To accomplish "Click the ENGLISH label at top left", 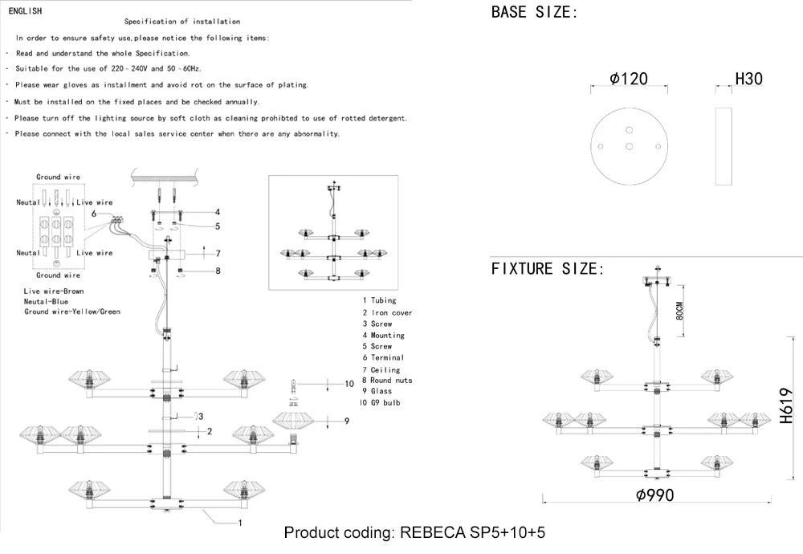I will click(x=25, y=11).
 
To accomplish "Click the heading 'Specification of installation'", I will click(x=182, y=22).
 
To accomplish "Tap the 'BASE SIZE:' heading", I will click(x=534, y=12).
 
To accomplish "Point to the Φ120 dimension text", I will click(x=629, y=79).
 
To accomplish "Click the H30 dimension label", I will click(x=748, y=79).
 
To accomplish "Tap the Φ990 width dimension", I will click(x=654, y=495).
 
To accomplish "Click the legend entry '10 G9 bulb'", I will click(x=380, y=402).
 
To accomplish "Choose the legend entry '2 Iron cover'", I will click(x=387, y=312).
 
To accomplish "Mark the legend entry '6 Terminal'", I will click(x=383, y=357).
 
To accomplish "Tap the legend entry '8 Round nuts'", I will click(x=387, y=380).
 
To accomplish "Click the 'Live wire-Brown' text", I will click(x=54, y=291).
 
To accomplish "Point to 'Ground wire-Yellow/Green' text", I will click(x=72, y=312).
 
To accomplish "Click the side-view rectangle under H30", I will click(x=724, y=145).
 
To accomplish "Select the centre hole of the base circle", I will click(x=630, y=146).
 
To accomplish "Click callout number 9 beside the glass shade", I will click(x=347, y=421).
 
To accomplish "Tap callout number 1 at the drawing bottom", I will click(x=239, y=523).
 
